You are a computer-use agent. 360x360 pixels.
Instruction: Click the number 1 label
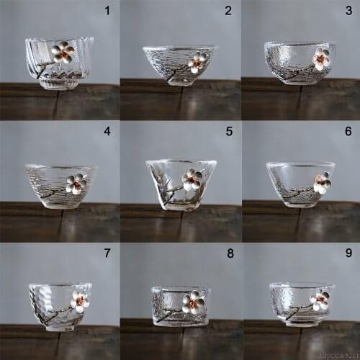pos(107,11)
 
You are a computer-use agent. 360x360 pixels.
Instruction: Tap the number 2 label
pos(228,11)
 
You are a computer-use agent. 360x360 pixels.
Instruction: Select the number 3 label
pos(349,11)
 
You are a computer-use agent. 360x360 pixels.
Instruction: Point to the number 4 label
pos(107,132)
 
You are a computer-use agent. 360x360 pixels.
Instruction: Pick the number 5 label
pos(229,132)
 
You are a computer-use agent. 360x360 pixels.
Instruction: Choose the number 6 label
pos(349,132)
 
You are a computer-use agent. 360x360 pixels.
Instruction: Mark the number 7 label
pos(107,253)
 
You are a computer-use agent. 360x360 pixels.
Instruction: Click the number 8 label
pos(229,253)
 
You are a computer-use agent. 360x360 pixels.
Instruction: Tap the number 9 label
pos(349,253)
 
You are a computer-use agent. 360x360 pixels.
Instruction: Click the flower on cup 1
pos(63,51)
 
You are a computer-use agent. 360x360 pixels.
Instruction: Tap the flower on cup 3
pos(320,58)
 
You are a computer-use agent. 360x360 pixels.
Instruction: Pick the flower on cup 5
pos(192,179)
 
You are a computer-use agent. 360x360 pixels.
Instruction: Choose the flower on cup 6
pos(322,182)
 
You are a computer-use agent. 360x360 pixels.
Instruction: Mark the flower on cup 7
pos(79,301)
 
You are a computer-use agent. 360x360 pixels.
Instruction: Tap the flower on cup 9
pos(319,300)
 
